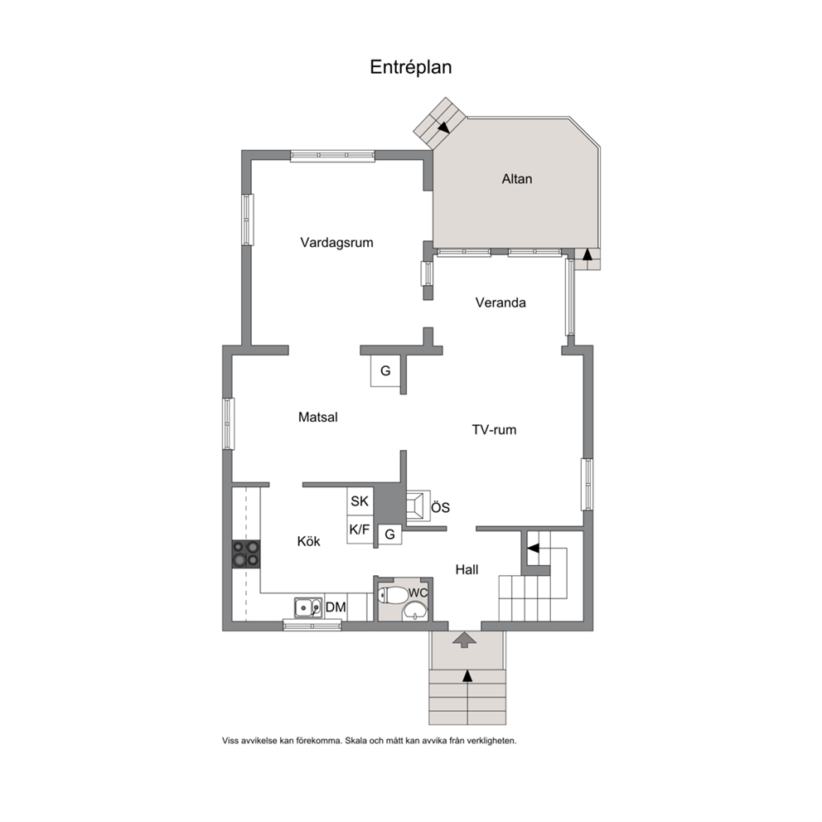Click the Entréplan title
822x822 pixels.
410,67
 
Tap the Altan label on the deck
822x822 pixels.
517,179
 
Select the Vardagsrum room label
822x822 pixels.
336,243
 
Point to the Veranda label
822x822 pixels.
500,302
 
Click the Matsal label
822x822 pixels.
317,418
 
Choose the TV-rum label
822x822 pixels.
494,430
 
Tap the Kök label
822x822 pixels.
308,541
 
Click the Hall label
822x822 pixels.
467,569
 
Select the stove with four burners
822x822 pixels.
246,554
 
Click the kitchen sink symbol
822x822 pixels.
308,608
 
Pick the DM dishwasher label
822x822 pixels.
336,607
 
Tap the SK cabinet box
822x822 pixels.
360,501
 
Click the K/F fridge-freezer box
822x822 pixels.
360,529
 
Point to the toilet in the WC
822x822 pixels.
393,594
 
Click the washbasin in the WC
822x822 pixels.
416,611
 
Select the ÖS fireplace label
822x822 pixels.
440,507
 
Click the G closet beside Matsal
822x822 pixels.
385,370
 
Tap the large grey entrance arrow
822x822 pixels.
464,640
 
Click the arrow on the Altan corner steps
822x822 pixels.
444,127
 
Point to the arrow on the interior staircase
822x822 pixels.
533,549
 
